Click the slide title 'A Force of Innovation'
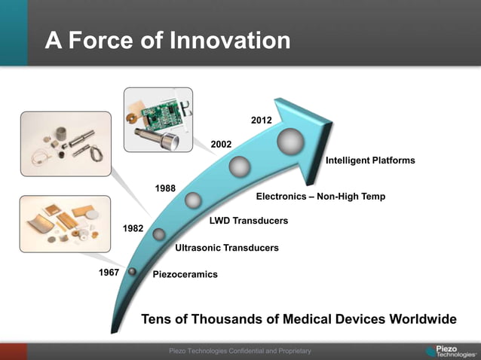coord(167,40)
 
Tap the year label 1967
coord(109,272)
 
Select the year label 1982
coord(133,227)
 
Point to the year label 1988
coord(166,188)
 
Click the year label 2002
coord(221,144)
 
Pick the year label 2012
coord(262,120)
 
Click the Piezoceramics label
coord(185,274)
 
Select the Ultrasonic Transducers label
coord(226,248)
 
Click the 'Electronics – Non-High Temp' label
coord(320,197)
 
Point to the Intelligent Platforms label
coord(369,160)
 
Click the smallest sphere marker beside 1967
coord(133,271)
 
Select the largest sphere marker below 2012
coord(290,141)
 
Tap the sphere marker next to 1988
coord(193,200)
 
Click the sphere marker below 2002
coord(240,166)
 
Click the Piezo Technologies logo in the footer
coord(450,352)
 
